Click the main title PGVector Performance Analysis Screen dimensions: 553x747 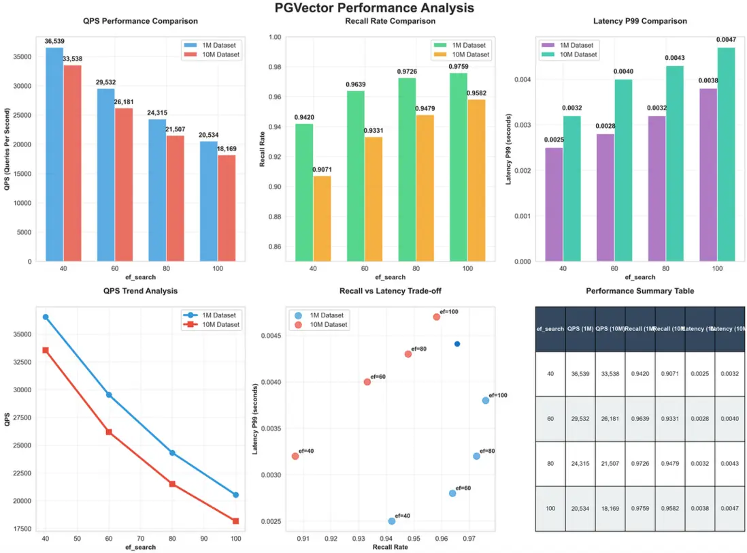(374, 8)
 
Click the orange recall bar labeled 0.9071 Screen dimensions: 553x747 (322, 219)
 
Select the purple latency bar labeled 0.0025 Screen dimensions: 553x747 (554, 204)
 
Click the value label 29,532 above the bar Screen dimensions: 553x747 (105, 82)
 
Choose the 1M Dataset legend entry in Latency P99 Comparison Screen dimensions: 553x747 (568, 45)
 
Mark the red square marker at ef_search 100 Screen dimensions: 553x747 (235, 521)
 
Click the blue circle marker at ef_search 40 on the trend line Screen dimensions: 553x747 (46, 317)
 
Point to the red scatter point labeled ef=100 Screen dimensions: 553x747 (436, 317)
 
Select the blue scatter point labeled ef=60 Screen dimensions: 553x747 (452, 493)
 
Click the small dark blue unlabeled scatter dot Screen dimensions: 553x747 (457, 344)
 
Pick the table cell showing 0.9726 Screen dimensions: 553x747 (640, 463)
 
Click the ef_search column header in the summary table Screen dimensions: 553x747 (550, 329)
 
